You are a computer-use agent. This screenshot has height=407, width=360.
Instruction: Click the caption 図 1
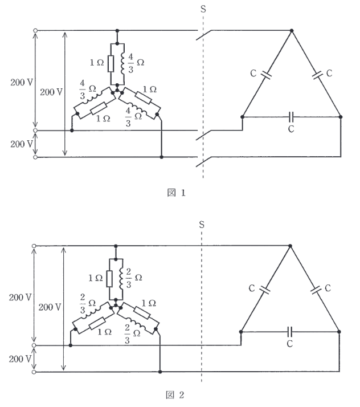177,193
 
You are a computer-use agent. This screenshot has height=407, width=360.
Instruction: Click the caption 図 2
175,395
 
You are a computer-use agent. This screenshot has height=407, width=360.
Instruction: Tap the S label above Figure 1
203,9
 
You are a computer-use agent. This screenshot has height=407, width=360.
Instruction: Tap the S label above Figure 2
202,224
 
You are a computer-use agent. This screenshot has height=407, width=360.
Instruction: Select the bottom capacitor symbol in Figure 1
291,117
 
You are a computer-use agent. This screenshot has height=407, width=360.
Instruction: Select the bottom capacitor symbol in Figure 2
290,332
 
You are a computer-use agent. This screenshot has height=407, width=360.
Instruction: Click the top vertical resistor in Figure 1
111,64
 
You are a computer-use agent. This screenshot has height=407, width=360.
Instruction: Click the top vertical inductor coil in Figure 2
121,279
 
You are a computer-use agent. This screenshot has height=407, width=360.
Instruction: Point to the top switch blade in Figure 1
204,35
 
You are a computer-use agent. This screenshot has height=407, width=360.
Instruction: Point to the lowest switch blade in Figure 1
204,161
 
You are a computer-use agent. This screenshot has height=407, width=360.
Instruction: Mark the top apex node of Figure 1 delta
292,31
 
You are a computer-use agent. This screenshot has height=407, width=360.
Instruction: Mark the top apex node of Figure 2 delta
291,246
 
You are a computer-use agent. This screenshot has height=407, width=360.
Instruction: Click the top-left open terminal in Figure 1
35,31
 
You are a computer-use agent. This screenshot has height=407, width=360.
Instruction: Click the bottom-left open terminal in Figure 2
34,372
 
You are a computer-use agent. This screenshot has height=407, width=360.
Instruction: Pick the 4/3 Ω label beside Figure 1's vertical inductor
136,63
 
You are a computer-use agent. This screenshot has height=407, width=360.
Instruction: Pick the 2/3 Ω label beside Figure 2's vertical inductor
134,278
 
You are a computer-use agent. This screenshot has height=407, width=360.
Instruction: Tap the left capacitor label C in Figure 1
253,73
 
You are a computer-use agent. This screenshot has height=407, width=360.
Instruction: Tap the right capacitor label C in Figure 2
328,288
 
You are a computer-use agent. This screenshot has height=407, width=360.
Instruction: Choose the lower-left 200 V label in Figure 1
22,144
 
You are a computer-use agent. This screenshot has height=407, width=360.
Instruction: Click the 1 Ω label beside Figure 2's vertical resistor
96,278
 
